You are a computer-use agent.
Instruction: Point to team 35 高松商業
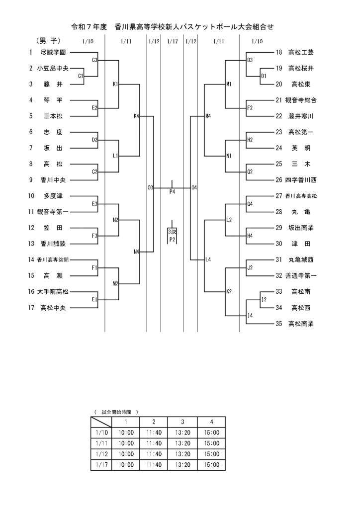point(301,324)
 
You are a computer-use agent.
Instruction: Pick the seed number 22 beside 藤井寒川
point(278,116)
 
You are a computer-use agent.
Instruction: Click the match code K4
point(137,116)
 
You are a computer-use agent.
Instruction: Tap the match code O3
point(150,188)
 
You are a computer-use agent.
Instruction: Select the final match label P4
point(173,191)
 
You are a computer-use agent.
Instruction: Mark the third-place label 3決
point(172,232)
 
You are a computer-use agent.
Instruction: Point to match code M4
point(208,116)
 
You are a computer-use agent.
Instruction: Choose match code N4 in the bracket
point(137,252)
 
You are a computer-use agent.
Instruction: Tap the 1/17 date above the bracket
point(173,41)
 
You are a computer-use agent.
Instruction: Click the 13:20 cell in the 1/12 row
point(182,454)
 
